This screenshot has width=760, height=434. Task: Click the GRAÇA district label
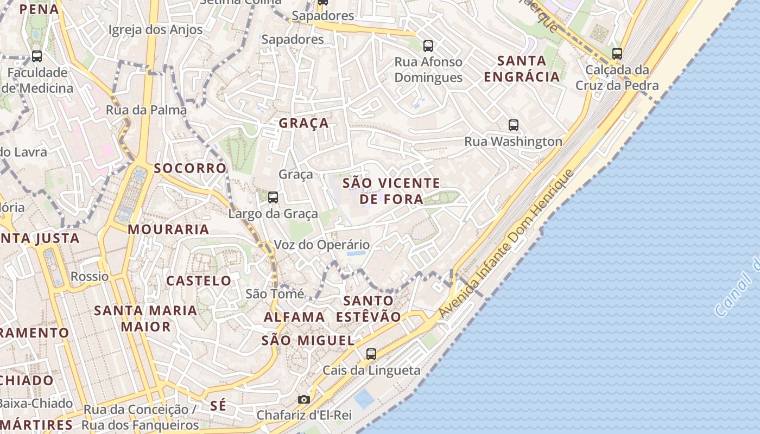304,123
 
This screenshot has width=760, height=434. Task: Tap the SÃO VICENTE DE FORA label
391,191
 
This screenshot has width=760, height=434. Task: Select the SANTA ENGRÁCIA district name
522,68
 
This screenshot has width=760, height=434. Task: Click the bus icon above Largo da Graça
273,197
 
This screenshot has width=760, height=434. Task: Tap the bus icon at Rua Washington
514,125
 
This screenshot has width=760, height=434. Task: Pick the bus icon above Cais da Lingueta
371,354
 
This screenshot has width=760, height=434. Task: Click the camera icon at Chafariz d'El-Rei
304,400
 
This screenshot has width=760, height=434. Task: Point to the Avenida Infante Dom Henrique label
505,244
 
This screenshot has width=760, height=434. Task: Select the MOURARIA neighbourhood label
168,229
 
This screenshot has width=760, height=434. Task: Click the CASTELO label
199,281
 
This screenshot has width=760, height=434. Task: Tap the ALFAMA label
294,317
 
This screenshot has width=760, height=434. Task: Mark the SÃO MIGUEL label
308,341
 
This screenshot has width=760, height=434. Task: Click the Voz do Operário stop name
321,245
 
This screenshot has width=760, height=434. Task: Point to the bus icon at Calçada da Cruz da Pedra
617,54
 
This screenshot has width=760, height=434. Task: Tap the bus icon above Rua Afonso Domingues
428,46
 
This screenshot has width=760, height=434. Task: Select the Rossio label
90,277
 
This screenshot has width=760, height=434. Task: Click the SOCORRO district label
190,168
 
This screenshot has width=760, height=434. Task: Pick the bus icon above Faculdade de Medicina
37,56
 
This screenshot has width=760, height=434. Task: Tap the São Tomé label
275,294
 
